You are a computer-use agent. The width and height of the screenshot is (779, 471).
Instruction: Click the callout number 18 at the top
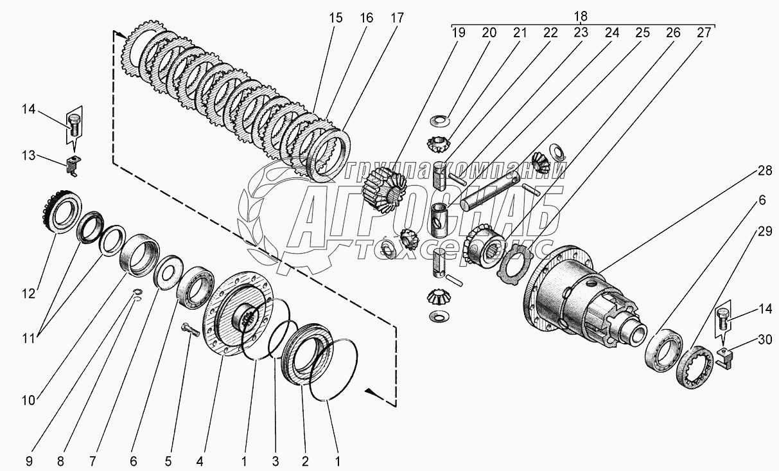point(581,16)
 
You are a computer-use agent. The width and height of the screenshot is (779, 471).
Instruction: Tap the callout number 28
point(764,170)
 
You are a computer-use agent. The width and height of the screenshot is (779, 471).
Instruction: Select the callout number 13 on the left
point(29,156)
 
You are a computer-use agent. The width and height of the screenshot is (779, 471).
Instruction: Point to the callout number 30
point(765,339)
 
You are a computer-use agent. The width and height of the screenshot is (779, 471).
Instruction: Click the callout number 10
point(29,400)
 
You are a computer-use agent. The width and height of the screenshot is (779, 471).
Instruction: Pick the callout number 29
point(765,231)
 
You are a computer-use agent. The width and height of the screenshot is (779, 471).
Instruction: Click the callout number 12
point(29,294)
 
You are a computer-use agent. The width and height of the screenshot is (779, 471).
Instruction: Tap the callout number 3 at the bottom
point(275,461)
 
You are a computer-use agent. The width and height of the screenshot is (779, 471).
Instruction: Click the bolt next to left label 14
point(73,126)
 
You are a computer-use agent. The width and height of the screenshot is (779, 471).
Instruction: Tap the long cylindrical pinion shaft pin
point(490,192)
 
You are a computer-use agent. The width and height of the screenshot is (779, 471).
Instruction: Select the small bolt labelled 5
point(190,330)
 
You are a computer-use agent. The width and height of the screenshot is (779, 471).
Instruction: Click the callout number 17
point(397,18)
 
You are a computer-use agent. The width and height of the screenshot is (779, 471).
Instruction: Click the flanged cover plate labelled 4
point(238,314)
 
